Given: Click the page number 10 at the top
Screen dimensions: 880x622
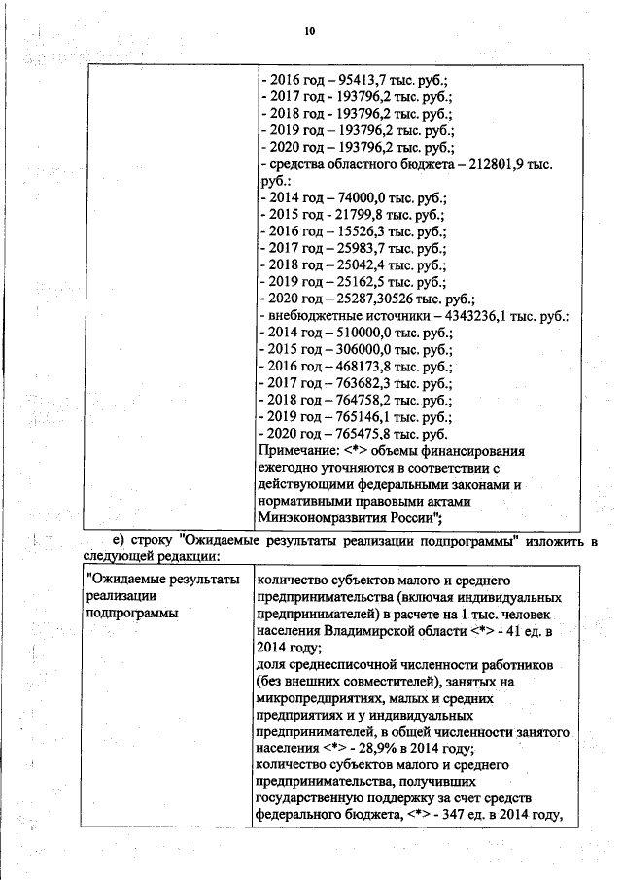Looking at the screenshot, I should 310,31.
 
